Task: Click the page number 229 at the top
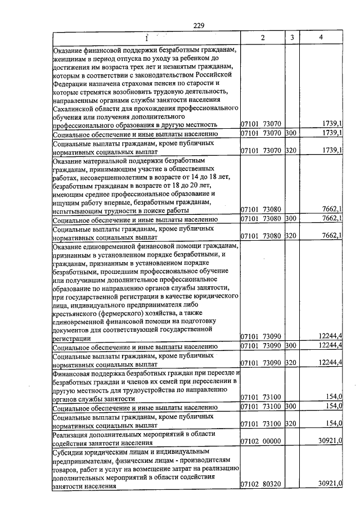198,25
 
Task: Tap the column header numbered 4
320,37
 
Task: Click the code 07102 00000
261,442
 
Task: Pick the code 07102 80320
261,484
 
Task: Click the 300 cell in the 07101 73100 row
291,406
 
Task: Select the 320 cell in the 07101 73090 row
291,364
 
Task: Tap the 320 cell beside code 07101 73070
291,150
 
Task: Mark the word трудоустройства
139,389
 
